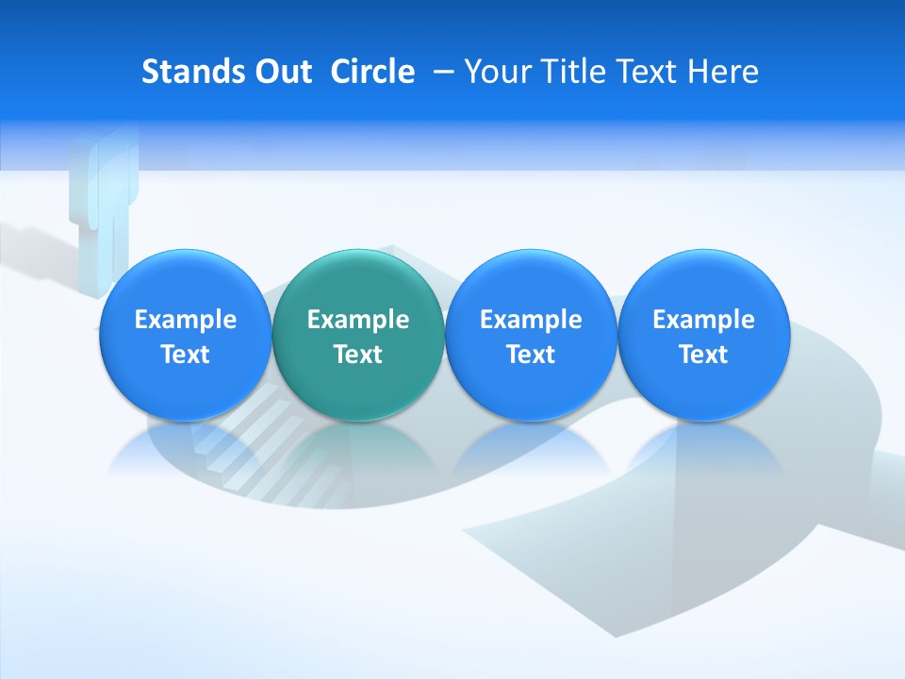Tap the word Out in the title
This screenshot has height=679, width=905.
[x=278, y=72]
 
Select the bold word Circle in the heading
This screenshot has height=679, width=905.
[x=372, y=72]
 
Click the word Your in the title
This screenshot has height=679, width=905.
[x=494, y=72]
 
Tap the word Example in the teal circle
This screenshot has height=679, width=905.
[x=358, y=320]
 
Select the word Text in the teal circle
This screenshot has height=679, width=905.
[x=358, y=355]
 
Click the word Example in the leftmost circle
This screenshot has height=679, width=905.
[x=186, y=320]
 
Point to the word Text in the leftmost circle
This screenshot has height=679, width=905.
[x=186, y=355]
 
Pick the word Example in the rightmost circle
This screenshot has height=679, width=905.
[x=704, y=320]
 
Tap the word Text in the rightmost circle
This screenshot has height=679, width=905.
[x=704, y=355]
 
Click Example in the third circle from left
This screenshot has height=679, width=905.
[x=531, y=320]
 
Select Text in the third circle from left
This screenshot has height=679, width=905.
[x=531, y=355]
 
